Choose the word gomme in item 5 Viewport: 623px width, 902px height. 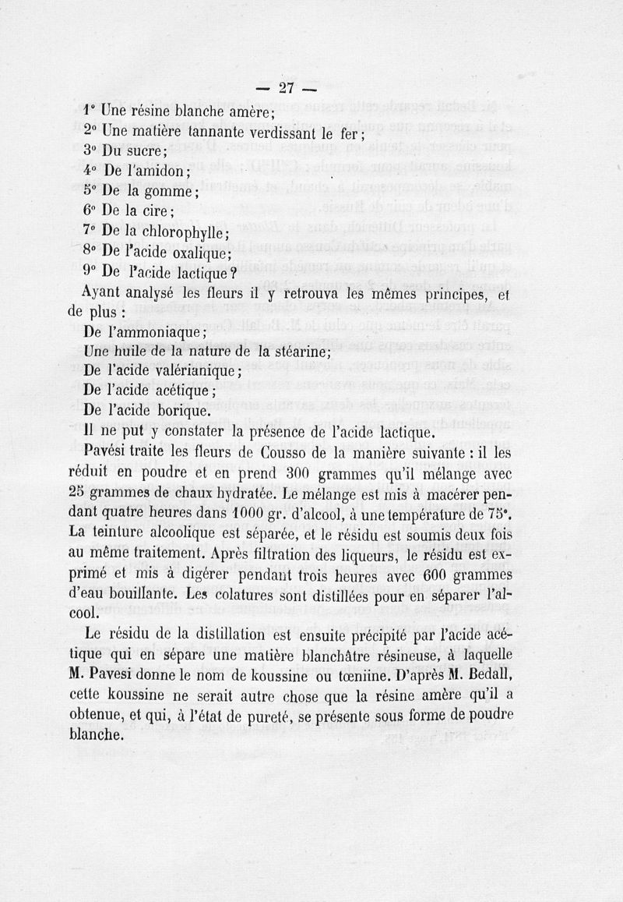click(171, 192)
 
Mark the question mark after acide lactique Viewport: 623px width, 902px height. click(233, 273)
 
